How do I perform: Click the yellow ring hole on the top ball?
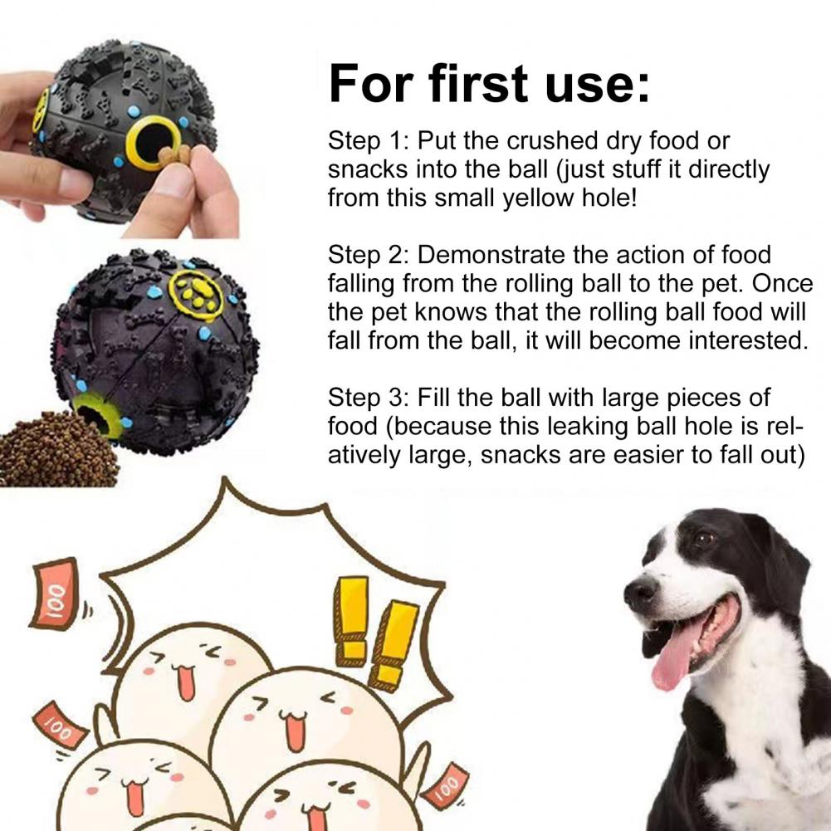pos(154,143)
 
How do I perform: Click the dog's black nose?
pos(642,591)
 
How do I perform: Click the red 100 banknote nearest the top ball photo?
pos(54,593)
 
